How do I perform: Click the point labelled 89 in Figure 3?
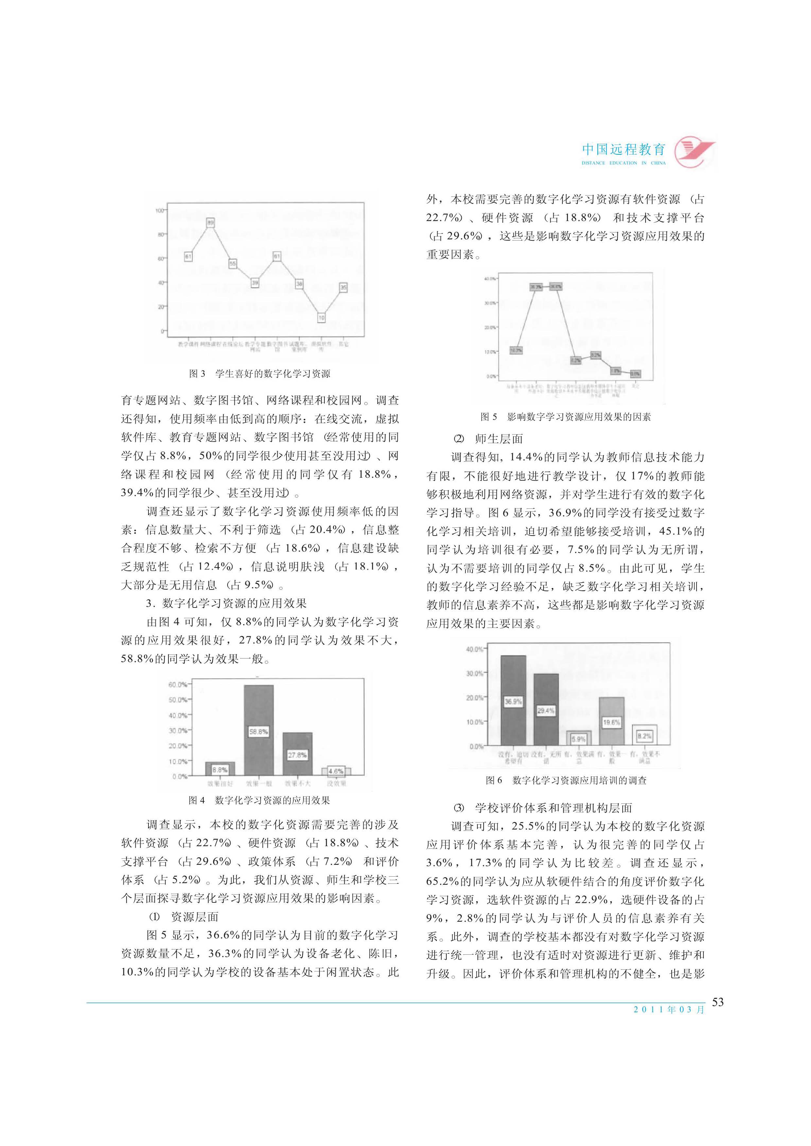tap(211, 223)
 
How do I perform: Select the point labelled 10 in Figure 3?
tap(321, 317)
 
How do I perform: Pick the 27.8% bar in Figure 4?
tap(297, 755)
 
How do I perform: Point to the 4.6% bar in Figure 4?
tap(336, 772)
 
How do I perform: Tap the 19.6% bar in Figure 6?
tap(611, 722)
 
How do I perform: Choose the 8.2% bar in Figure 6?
tap(644, 736)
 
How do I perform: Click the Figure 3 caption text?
tap(260, 373)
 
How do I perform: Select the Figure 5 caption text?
tap(566, 417)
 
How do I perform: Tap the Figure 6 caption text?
tap(566, 780)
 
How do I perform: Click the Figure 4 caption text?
tap(259, 800)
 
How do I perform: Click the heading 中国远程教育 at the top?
tap(624, 149)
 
